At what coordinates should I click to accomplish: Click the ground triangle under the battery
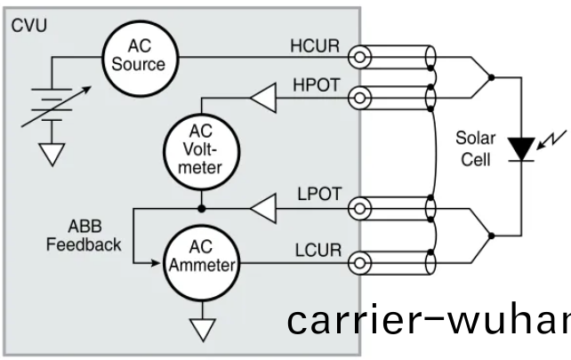[x=54, y=153]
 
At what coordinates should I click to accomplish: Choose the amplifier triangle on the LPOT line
[x=263, y=210]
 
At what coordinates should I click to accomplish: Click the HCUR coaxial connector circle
[x=359, y=56]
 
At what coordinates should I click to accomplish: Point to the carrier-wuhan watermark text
[x=427, y=321]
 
